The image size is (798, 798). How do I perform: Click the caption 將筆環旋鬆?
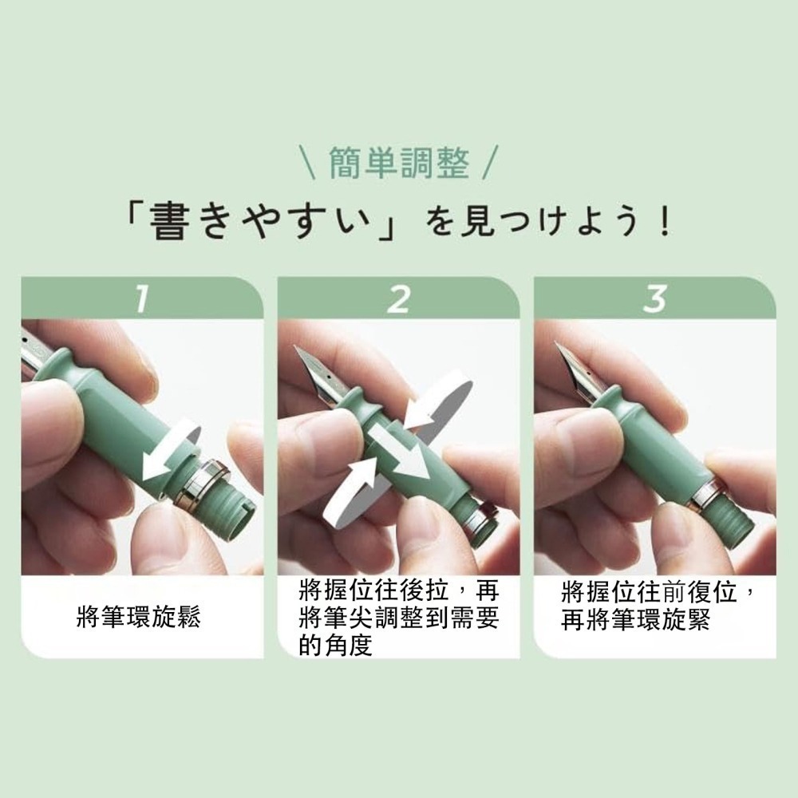pos(138,616)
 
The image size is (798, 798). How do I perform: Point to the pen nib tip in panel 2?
pos(296,348)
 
